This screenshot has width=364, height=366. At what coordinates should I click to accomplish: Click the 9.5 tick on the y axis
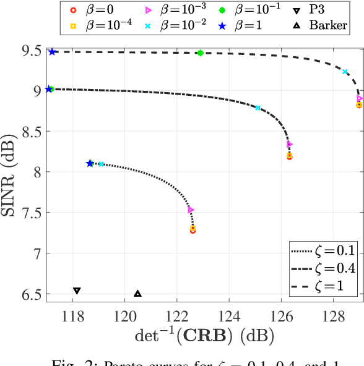(x=28, y=50)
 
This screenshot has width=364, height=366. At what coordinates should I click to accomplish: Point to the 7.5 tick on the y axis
(x=28, y=213)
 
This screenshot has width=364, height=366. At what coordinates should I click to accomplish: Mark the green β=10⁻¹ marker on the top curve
(x=200, y=53)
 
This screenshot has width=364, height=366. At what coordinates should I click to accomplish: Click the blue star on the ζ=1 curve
(x=52, y=52)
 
